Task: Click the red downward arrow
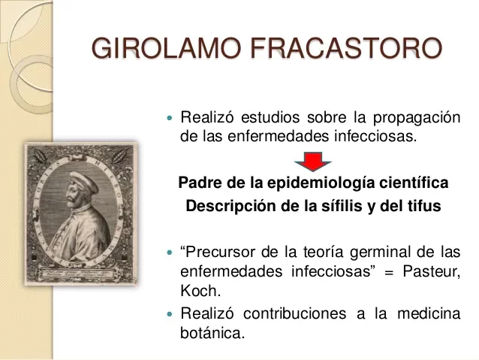[307, 160]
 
